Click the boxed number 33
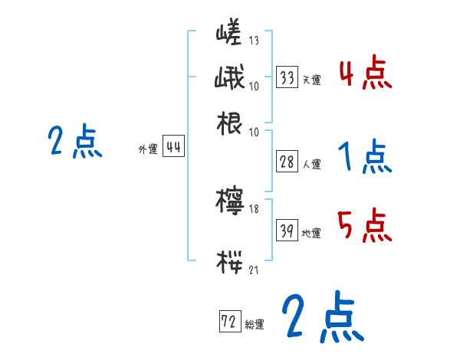point(287,77)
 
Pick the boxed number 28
point(287,162)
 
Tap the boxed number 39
point(287,231)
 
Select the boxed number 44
point(174,148)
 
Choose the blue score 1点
point(365,159)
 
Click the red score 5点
point(365,227)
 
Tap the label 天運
point(311,80)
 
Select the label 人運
point(312,164)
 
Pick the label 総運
point(255,324)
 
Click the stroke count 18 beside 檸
point(254,208)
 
